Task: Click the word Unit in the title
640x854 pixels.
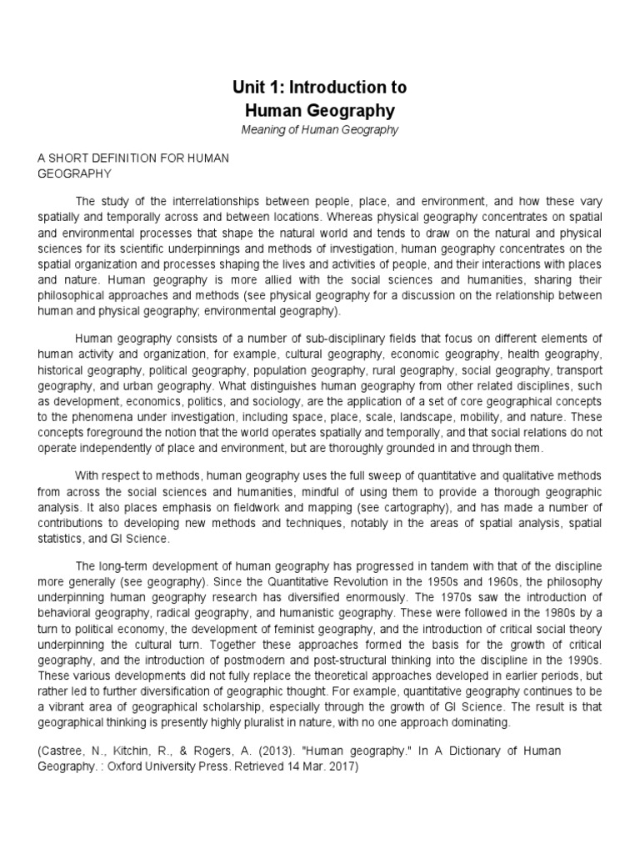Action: (247, 88)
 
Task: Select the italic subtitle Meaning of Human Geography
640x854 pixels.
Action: (320, 129)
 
